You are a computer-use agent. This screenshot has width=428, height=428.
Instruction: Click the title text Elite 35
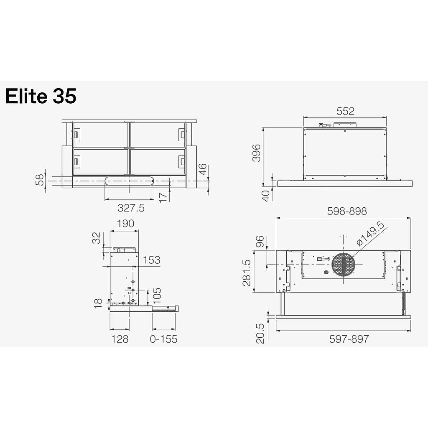click(x=41, y=96)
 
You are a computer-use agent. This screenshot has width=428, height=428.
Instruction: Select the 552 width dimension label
click(x=345, y=111)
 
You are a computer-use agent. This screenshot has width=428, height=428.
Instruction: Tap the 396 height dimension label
click(x=256, y=153)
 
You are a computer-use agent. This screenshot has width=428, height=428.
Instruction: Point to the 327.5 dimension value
click(x=131, y=208)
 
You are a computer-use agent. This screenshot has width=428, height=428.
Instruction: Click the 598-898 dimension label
click(x=347, y=211)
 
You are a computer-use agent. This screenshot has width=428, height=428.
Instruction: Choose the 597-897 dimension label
click(x=349, y=339)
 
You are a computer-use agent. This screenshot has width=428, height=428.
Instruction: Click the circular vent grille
click(x=344, y=265)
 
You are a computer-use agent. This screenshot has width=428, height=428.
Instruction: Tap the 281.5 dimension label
click(x=247, y=273)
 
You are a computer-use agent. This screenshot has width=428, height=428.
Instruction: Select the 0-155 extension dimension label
click(x=163, y=339)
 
